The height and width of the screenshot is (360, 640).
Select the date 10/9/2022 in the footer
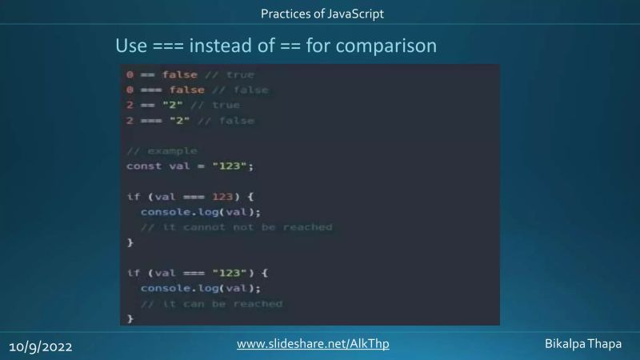click(x=42, y=347)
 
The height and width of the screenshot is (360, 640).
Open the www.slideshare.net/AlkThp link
click(x=313, y=344)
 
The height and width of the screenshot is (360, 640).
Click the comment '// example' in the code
click(x=162, y=150)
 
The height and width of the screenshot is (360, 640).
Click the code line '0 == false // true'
click(x=190, y=74)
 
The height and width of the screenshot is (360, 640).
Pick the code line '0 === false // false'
click(x=197, y=90)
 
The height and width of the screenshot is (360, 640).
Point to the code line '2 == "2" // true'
click(x=182, y=105)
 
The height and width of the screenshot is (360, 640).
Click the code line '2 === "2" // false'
click(x=190, y=121)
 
